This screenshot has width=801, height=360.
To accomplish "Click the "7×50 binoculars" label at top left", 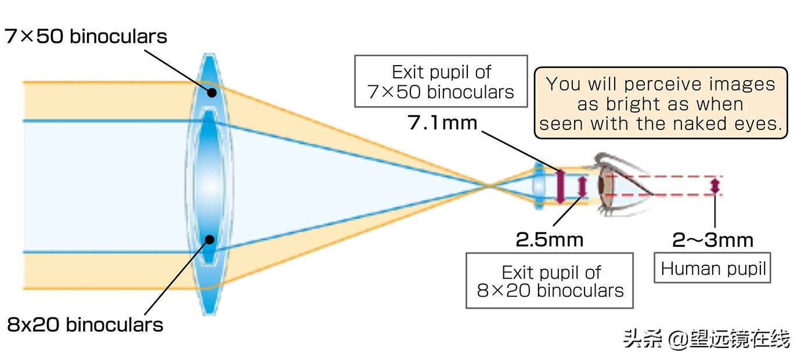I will point(86,37).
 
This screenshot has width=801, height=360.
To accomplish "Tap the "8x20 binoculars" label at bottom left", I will point(85,324).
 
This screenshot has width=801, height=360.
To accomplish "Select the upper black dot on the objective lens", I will point(212,92).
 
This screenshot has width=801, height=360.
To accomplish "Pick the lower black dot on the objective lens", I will point(210,239).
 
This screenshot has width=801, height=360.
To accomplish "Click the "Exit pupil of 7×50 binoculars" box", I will point(441,81).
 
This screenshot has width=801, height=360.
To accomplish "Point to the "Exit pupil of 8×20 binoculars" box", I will point(549,280).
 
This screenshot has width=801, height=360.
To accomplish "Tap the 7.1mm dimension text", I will point(443,123).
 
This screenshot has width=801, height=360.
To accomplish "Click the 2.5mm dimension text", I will point(549,239).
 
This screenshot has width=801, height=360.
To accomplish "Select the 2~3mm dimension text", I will point(713,239).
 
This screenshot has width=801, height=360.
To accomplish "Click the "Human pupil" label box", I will point(712,269).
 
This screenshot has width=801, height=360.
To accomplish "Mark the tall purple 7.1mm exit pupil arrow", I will point(560,186).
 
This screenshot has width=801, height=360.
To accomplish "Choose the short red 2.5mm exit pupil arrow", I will point(583,186).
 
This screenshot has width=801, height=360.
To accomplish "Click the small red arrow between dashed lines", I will point(715,186).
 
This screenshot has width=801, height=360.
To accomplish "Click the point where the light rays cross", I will point(489,186).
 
